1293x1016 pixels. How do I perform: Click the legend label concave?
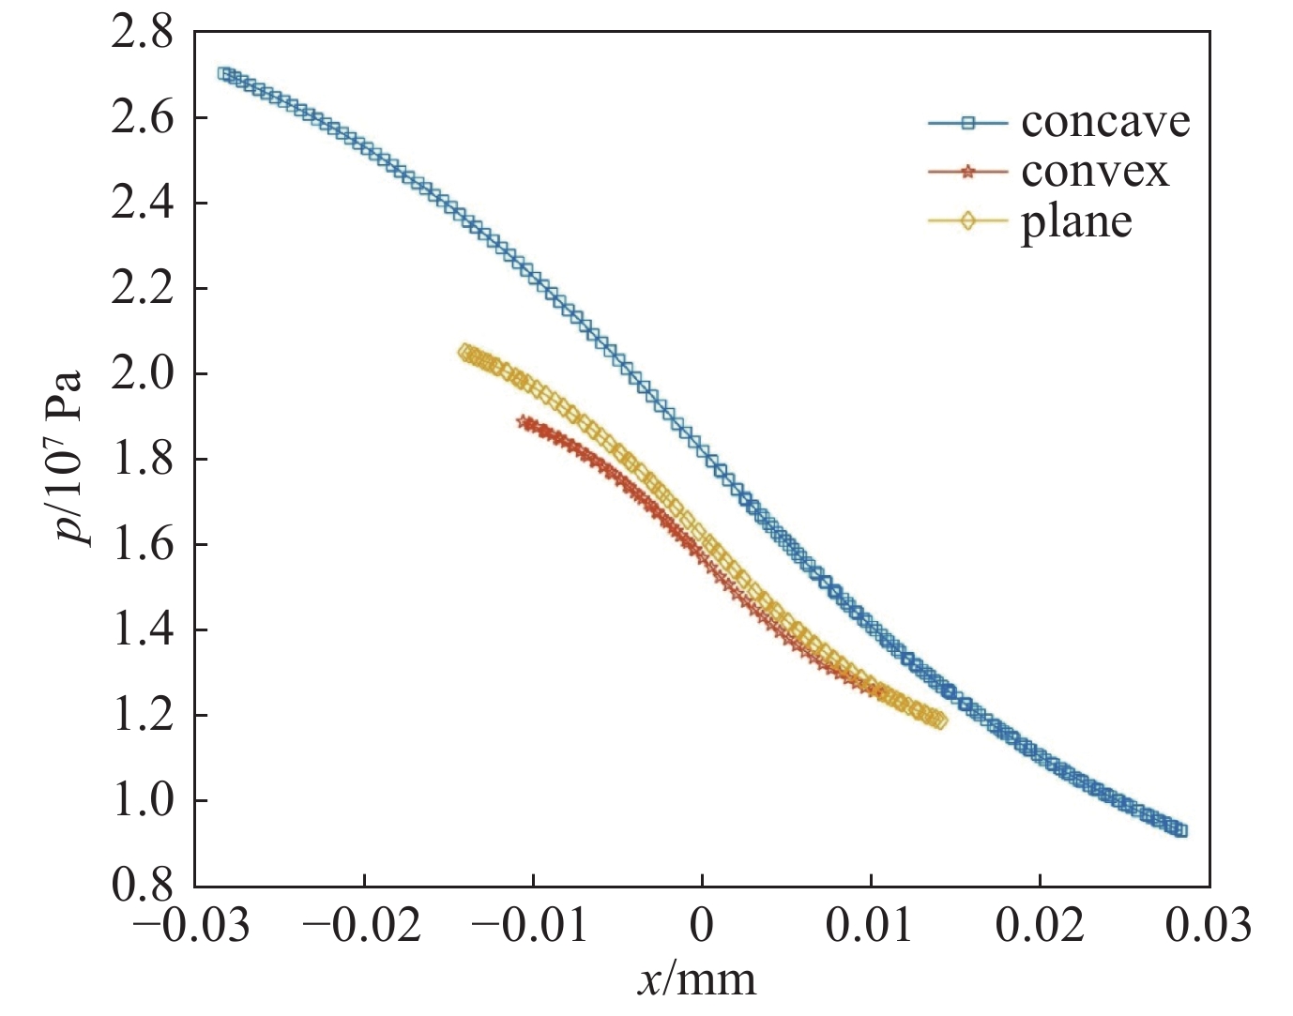(x=1104, y=122)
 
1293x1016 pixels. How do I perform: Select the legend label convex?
(x=1094, y=172)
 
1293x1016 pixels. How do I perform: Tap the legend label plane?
(x=1076, y=222)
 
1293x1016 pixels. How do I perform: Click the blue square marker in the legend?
(x=968, y=122)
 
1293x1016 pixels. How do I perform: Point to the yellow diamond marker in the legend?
(x=968, y=221)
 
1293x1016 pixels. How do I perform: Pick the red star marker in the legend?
(x=968, y=172)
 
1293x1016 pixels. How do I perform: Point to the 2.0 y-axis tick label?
(x=142, y=374)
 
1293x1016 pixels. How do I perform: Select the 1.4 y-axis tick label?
(x=142, y=630)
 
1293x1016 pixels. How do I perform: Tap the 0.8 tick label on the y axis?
(x=142, y=886)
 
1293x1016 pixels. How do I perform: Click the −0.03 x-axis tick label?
(x=192, y=927)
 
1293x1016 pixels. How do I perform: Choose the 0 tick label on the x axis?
(x=702, y=927)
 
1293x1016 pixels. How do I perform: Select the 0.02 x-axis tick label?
(x=1040, y=927)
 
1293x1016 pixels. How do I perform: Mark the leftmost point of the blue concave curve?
(x=224, y=73)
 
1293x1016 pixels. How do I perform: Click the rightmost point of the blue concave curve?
(x=1181, y=830)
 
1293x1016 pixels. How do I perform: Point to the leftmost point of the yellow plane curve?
(x=464, y=352)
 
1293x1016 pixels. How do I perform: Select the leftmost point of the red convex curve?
(x=524, y=421)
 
